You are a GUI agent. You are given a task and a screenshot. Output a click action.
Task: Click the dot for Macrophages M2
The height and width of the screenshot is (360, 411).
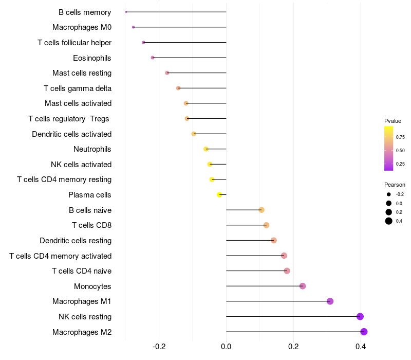pos(364,332)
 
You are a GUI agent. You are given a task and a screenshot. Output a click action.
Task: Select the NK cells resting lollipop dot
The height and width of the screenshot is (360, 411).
pos(360,317)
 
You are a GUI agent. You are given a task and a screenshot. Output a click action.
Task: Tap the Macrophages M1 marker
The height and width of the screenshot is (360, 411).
pos(330,301)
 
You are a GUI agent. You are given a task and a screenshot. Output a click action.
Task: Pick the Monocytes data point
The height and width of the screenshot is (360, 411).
pos(303,286)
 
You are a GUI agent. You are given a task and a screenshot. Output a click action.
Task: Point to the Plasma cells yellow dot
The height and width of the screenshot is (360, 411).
pos(219,195)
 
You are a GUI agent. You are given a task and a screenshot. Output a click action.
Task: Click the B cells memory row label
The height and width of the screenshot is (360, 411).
pos(85,12)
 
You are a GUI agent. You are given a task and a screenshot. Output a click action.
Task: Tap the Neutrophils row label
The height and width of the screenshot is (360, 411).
pos(92,149)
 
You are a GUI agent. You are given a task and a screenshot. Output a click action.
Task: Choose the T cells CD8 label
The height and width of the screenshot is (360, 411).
pos(91,225)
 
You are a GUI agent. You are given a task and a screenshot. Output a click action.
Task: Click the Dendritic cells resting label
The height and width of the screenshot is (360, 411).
pos(76,241)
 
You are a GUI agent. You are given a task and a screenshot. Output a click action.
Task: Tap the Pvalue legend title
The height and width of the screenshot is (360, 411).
pos(393,121)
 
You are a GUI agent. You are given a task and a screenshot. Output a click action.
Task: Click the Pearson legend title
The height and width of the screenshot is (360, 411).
pos(395,185)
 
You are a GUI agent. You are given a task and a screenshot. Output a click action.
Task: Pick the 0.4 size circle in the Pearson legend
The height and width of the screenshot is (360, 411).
pos(389,221)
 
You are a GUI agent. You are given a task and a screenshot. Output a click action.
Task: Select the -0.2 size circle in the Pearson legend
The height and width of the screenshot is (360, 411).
pos(389,194)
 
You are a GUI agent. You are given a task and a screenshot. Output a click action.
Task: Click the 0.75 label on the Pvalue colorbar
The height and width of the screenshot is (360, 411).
pos(400,137)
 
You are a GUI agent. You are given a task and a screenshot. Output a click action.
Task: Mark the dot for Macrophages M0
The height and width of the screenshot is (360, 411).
pos(134,27)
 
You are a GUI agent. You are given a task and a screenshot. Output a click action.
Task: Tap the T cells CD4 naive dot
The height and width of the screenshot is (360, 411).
pos(287,271)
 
